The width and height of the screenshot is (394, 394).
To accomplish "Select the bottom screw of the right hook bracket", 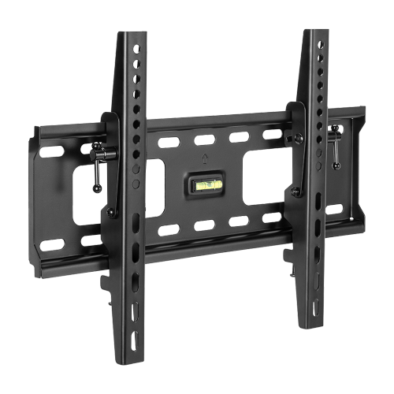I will [x=295, y=191].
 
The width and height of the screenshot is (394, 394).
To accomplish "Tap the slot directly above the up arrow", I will [x=204, y=140].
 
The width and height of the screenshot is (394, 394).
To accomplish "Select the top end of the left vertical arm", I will [x=132, y=33].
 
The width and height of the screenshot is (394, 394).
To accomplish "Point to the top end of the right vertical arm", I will [x=314, y=31].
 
